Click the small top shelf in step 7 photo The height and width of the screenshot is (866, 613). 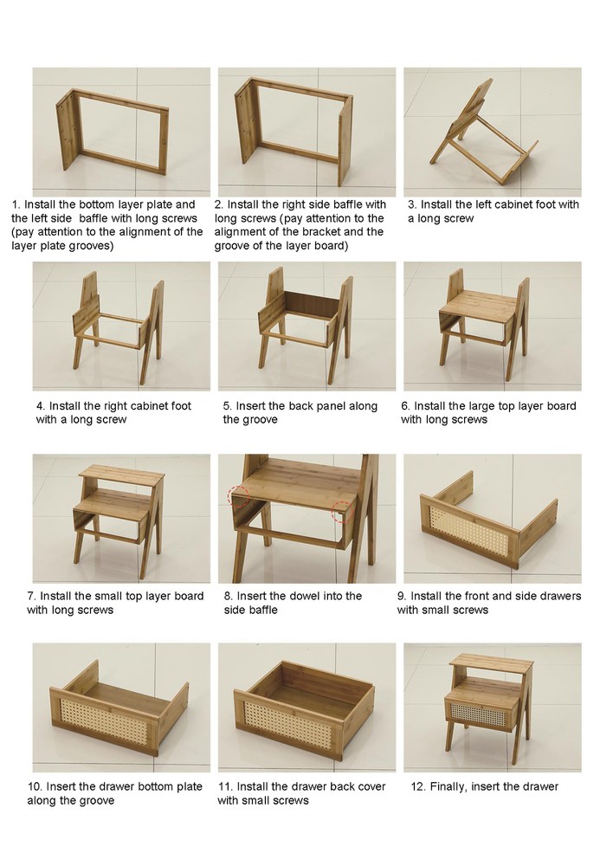click(121, 475)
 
